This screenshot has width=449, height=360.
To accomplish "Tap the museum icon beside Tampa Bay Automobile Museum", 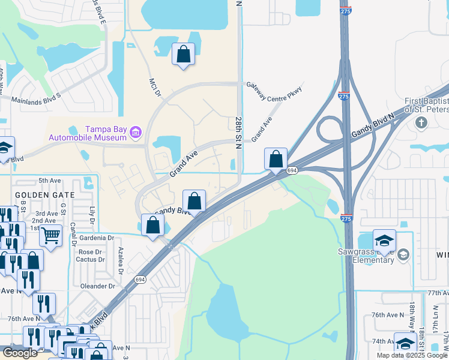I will click(x=136, y=132).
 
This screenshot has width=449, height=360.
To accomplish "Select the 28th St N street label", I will click(x=238, y=129).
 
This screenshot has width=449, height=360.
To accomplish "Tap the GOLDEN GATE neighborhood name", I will click(x=44, y=195).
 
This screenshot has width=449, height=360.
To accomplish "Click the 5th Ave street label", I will click(x=50, y=181).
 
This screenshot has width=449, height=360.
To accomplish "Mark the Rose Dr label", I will click(x=90, y=252).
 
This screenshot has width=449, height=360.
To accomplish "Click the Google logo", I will click(x=20, y=353).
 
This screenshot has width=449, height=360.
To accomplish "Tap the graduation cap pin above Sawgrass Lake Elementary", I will click(x=384, y=240).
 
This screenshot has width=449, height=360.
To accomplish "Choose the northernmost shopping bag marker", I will click(x=183, y=55).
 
